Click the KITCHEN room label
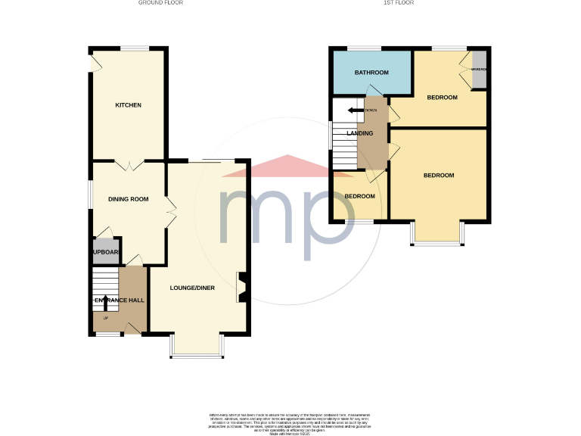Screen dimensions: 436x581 coord(128,105)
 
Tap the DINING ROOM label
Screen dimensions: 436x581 coord(128,199)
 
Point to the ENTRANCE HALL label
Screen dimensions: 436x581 coord(119,301)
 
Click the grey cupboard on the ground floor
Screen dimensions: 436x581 coord(105,253)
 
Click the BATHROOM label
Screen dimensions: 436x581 coord(371,73)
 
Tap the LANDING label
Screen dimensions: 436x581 coord(359,133)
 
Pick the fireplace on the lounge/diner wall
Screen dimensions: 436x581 coord(241,288)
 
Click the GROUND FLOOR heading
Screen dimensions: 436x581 coord(160,3)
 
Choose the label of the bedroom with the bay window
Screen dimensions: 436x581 coord(438,176)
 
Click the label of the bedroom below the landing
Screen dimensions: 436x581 coord(359,196)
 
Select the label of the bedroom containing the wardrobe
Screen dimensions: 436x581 coord(442,98)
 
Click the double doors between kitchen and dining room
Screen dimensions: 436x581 coord(128,163)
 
